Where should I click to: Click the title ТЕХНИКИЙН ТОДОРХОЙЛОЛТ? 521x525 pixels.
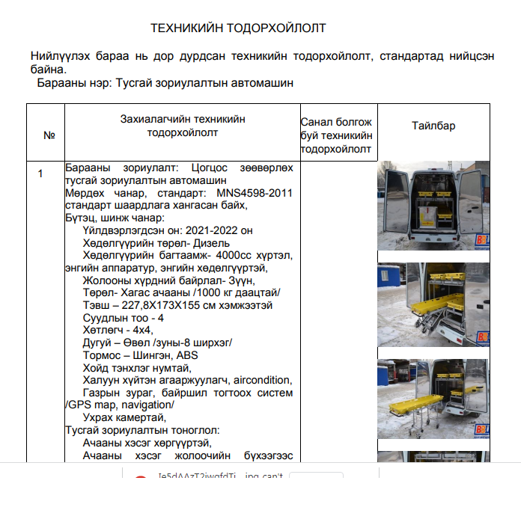pyautogui.click(x=238, y=28)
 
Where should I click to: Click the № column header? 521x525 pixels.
pyautogui.click(x=49, y=136)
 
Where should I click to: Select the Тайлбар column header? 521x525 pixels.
pyautogui.click(x=433, y=126)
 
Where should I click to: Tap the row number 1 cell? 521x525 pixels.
pyautogui.click(x=41, y=174)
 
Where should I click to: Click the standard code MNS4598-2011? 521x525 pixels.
pyautogui.click(x=249, y=193)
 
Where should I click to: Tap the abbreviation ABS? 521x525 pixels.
pyautogui.click(x=185, y=355)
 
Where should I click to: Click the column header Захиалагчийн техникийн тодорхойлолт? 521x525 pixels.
pyautogui.click(x=183, y=126)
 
